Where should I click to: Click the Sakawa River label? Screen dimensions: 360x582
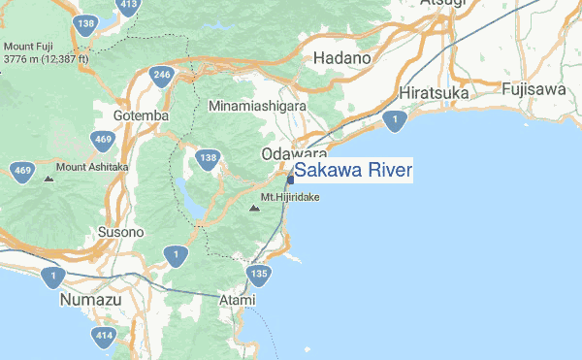coord(353,172)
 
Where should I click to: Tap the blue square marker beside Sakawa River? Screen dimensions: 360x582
coord(290,179)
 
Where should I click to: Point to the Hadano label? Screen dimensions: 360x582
coord(342,58)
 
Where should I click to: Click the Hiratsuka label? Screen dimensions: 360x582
coord(434,93)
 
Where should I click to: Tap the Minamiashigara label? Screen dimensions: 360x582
coord(258,105)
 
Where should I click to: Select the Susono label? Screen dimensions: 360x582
coord(121,233)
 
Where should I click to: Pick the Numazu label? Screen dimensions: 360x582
coord(90,300)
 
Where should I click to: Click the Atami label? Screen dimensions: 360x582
coord(236,300)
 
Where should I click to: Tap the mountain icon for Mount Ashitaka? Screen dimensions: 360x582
coord(48,179)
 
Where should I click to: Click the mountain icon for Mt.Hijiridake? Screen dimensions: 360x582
coord(254,208)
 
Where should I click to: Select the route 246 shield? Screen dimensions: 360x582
coord(162,76)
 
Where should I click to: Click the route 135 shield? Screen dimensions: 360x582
coord(258,277)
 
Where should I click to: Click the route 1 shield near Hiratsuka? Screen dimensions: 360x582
coord(393,120)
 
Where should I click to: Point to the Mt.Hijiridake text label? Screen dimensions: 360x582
coord(290,198)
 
